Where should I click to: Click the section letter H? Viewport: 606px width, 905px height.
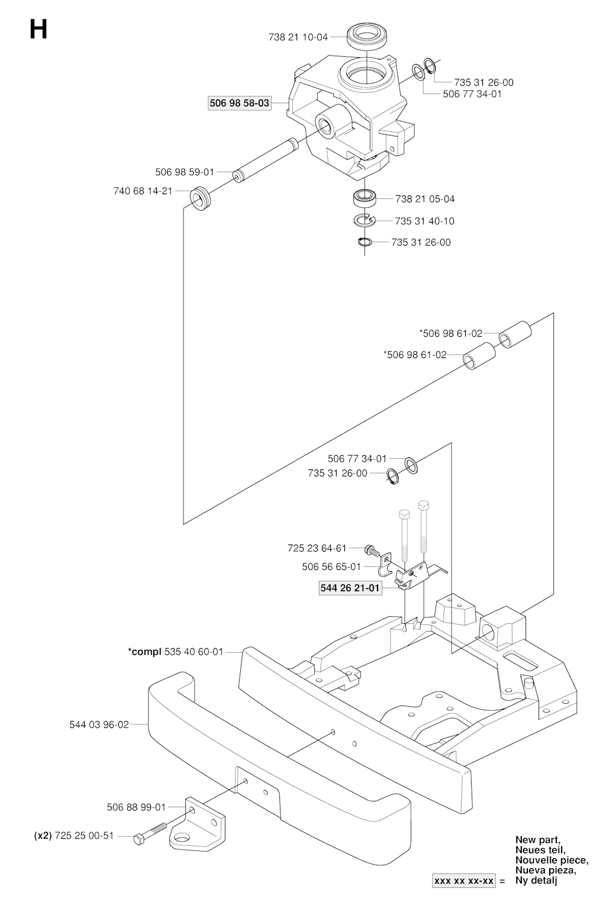[x=38, y=30]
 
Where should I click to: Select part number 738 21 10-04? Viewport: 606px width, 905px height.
[x=298, y=37]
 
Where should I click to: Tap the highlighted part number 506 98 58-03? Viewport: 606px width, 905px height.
[x=239, y=103]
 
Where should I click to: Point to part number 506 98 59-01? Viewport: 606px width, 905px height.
[x=185, y=172]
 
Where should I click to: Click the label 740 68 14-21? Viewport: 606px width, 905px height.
[x=143, y=191]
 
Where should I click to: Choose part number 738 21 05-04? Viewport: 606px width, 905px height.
[x=425, y=199]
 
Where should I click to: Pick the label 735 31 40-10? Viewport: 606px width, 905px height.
[x=424, y=221]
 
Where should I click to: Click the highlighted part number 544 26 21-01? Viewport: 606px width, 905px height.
[x=350, y=588]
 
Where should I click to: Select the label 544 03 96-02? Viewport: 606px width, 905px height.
[x=99, y=724]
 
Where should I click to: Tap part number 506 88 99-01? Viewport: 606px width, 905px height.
[x=136, y=807]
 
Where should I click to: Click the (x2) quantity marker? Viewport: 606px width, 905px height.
[x=43, y=836]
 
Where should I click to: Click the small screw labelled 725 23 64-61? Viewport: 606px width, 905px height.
[x=370, y=550]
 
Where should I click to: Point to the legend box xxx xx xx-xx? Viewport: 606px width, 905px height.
[x=463, y=881]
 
